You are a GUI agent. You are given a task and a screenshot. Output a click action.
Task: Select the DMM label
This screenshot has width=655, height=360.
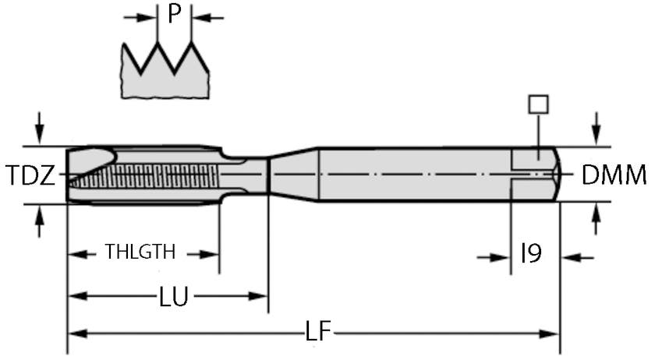[614, 175]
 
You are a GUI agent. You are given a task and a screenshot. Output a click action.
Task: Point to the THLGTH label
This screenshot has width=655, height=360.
[140, 252]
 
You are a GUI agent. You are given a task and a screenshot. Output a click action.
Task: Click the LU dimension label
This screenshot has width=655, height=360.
[174, 297]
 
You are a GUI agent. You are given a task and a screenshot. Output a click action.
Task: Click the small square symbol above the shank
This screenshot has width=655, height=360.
[538, 104]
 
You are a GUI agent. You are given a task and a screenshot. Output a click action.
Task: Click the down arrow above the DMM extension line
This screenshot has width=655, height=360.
[597, 125]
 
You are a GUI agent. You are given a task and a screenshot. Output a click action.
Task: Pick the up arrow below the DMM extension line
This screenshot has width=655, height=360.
[597, 221]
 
